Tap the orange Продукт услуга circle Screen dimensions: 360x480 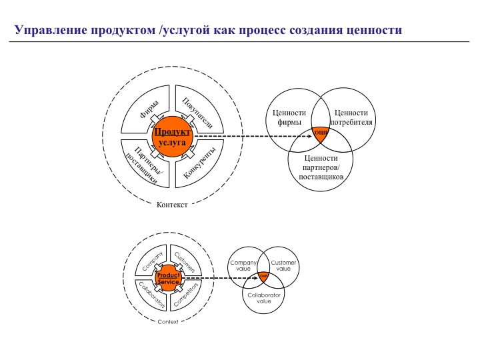click(x=172, y=137)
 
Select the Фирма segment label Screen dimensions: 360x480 click(x=150, y=109)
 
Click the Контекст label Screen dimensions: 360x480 click(x=171, y=205)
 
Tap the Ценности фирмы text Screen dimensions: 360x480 click(x=289, y=118)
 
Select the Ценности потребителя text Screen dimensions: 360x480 click(x=353, y=118)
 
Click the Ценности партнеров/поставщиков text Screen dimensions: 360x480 click(x=321, y=168)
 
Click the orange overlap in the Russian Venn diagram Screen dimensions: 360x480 click(x=321, y=134)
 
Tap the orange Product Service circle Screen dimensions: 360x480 click(x=169, y=278)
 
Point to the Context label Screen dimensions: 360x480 click(x=168, y=322)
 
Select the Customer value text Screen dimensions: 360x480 click(x=283, y=266)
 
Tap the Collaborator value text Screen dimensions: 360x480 click(x=264, y=297)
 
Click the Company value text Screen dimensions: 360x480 click(x=243, y=266)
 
